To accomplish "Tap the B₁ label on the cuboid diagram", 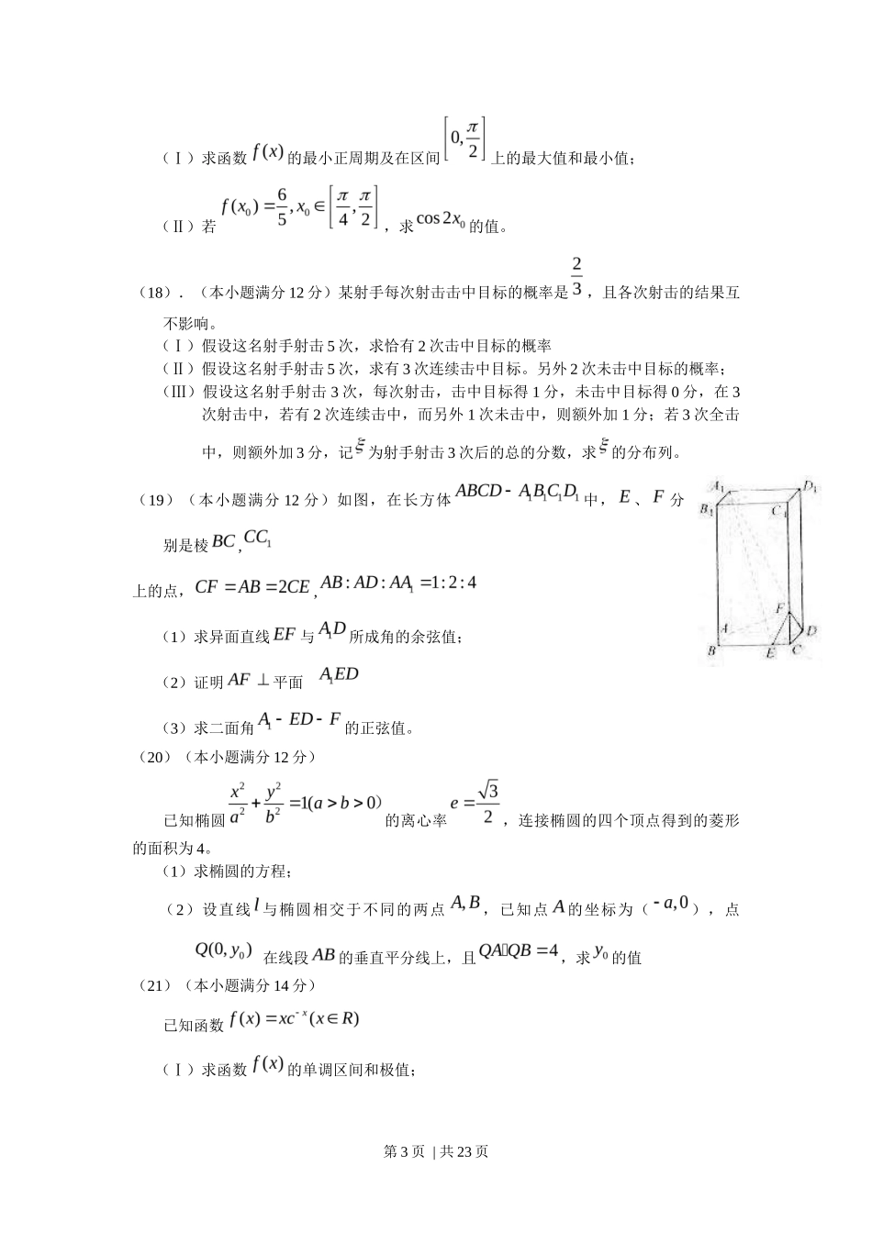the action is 707,509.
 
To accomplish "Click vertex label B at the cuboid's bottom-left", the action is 710,650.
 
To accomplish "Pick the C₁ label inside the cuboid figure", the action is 779,512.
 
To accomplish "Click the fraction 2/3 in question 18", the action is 576,277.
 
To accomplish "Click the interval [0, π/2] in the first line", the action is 464,139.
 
